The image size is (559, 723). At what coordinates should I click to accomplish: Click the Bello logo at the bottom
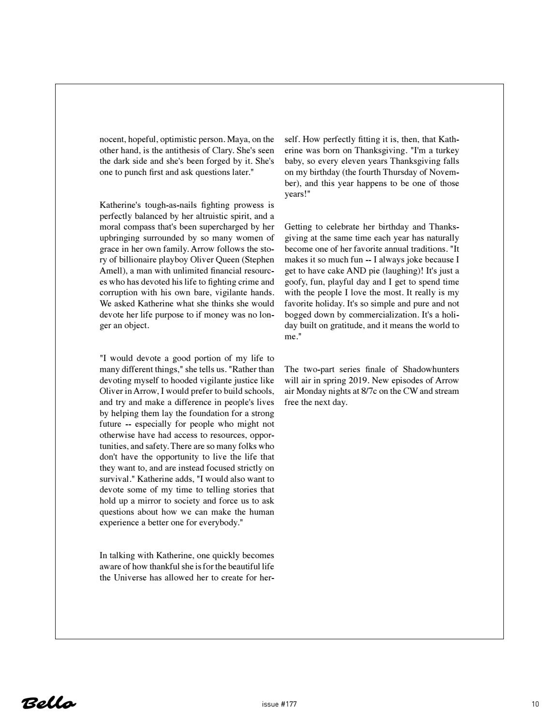(x=49, y=703)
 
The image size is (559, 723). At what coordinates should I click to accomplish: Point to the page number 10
(x=535, y=704)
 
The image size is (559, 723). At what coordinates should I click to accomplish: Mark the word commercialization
(x=381, y=315)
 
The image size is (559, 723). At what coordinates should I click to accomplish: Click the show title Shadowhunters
(x=431, y=370)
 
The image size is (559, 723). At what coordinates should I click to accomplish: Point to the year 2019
(x=358, y=380)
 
